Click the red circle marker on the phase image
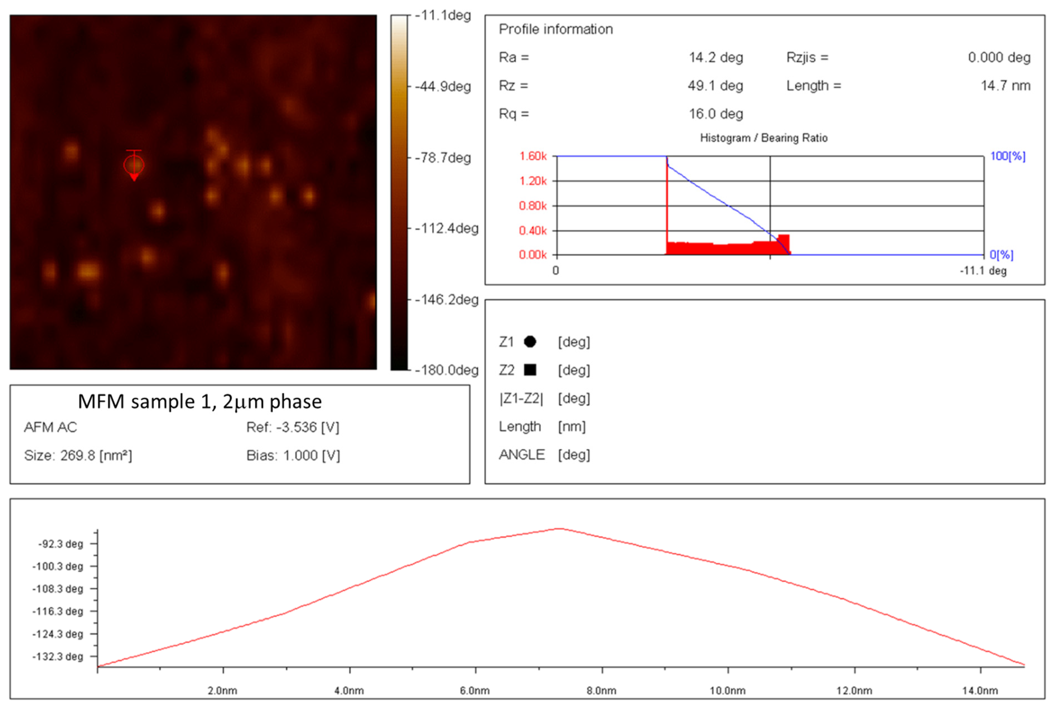click(x=134, y=165)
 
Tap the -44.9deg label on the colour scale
click(x=443, y=86)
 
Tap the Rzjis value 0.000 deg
click(x=999, y=57)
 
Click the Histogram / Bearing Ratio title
click(x=763, y=138)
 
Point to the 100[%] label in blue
click(x=1008, y=156)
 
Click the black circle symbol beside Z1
click(x=530, y=342)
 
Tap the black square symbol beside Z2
click(x=530, y=370)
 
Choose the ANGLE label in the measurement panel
click(x=522, y=454)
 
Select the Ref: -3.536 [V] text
click(x=293, y=427)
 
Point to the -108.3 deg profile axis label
click(x=58, y=589)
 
